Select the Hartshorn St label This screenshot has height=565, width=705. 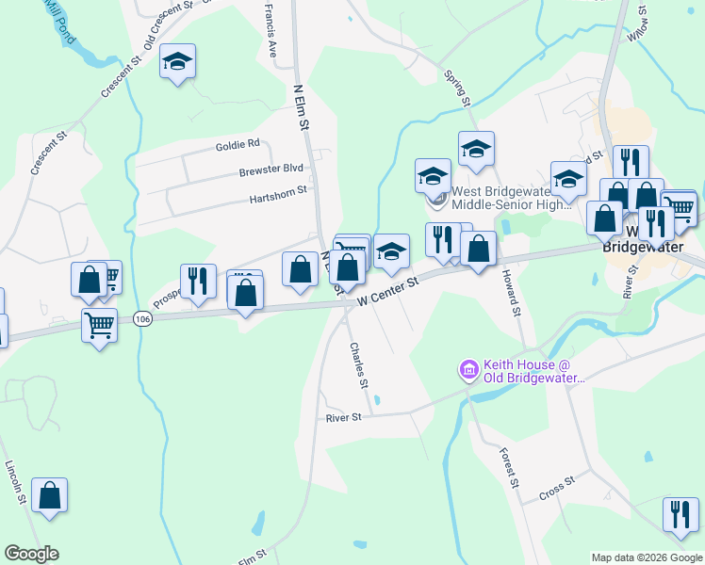pos(278,194)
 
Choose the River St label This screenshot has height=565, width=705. pos(344,417)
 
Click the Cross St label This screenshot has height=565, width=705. pos(557,488)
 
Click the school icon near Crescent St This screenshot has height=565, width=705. pos(177,63)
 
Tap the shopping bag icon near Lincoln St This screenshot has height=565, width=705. pos(49,495)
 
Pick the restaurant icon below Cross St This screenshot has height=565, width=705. pos(680,514)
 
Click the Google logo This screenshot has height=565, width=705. pos(31,554)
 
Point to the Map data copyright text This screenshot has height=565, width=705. pos(646,557)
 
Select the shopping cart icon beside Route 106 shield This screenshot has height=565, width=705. pos(99,326)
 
